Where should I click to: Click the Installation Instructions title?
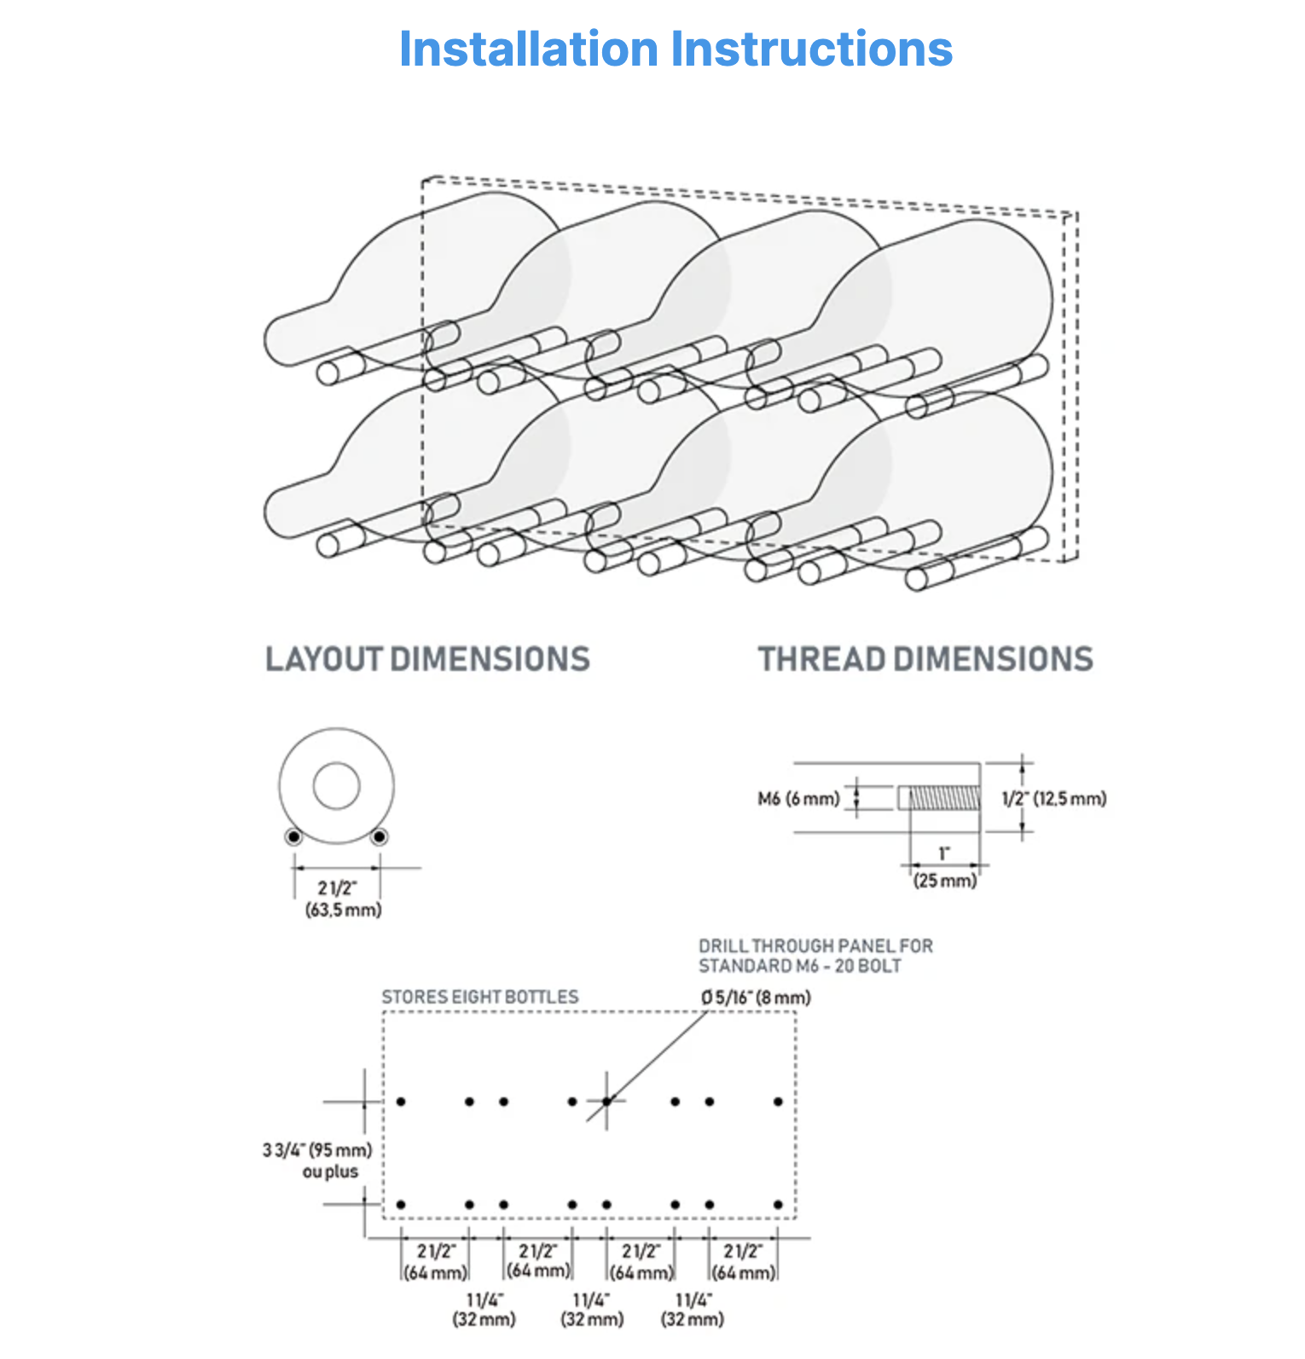(676, 49)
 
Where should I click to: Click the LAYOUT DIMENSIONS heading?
(427, 659)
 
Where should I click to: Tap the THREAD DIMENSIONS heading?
(925, 659)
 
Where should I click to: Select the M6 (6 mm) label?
(798, 799)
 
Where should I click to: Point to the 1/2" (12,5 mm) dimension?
(1054, 799)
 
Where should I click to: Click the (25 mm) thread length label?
(945, 881)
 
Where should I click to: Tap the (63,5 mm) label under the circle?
(344, 910)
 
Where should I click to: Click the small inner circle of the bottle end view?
(336, 785)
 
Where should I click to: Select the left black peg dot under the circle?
(293, 837)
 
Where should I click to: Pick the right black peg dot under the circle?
(380, 837)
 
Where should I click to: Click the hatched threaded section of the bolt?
(945, 798)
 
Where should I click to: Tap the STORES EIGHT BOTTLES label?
(480, 997)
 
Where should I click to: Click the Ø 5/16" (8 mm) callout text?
(757, 997)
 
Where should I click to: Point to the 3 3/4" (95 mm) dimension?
(317, 1150)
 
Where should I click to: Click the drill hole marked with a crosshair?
(606, 1102)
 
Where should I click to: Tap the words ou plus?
(330, 1171)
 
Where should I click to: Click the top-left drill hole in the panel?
(401, 1102)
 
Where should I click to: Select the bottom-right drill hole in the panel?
(778, 1205)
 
